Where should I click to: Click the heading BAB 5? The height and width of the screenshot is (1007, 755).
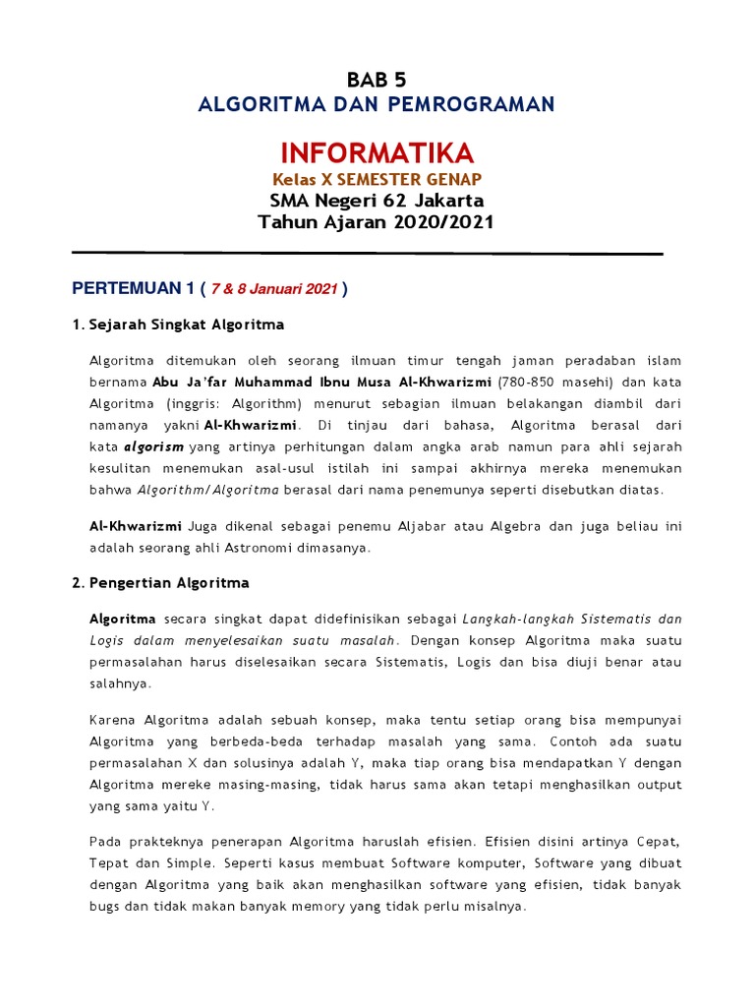click(377, 81)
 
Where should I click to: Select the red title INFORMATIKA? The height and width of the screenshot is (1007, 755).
click(377, 152)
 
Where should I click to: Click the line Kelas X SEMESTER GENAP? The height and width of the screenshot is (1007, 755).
click(377, 179)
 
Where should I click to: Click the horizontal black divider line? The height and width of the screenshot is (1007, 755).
click(368, 254)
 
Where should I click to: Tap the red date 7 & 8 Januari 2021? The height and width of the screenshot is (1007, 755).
click(274, 289)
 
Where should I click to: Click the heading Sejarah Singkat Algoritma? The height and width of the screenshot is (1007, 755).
click(187, 325)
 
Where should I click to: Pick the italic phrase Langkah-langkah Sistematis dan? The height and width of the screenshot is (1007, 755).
click(574, 619)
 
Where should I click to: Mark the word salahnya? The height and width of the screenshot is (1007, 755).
click(120, 681)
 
